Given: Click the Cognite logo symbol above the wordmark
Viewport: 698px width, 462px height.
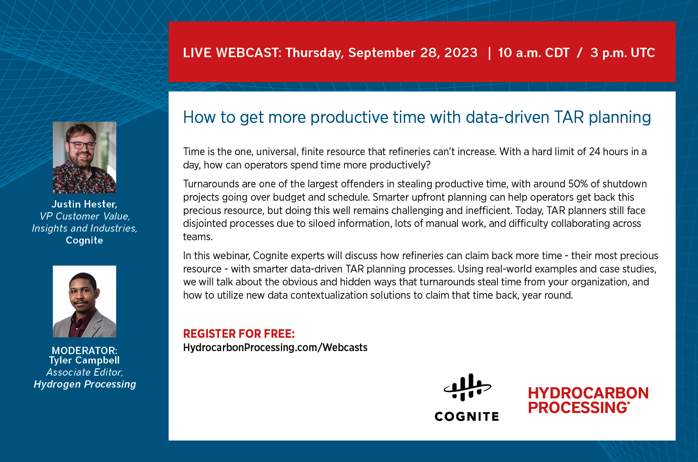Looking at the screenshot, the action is pos(467,387).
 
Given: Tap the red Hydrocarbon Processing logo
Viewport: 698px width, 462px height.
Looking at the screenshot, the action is pos(588,400).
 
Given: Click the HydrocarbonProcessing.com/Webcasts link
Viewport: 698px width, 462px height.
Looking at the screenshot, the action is pos(275,347).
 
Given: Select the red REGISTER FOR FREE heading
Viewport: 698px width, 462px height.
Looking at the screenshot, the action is pos(239,333).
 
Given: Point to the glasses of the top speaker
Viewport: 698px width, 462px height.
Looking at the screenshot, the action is pos(82,145).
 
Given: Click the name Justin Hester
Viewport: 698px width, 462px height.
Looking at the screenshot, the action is pos(85,204).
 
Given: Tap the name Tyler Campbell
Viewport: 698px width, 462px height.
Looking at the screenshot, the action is pos(85,361).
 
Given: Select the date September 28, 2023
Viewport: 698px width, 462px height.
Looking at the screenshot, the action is pos(412,53).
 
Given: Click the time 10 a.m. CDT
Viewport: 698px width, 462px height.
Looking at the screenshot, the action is pos(534,53).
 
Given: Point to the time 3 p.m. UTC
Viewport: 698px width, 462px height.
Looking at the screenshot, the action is pos(622,53).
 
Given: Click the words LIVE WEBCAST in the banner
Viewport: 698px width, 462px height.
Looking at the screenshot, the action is pos(232,53).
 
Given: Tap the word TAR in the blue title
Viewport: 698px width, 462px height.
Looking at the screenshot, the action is pos(569,117).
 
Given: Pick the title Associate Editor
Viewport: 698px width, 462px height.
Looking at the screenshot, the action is pos(85,372).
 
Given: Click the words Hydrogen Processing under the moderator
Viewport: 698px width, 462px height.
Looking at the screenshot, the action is pos(85,384).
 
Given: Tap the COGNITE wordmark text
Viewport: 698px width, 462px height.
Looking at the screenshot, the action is pos(467,416).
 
